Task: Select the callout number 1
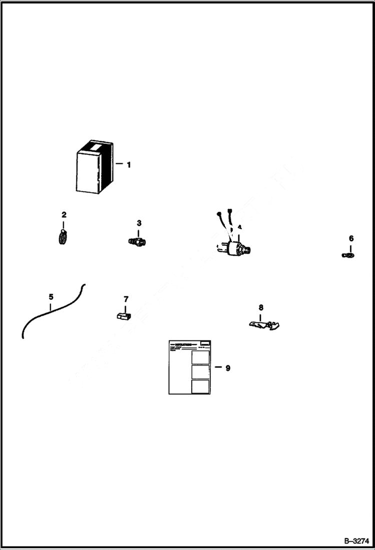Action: [x=129, y=164]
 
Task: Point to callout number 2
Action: [x=64, y=215]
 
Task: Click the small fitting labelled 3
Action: [x=137, y=241]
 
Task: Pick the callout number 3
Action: [x=139, y=223]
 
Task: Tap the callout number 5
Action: [x=51, y=297]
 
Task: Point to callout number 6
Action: [x=351, y=238]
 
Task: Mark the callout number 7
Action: [x=126, y=299]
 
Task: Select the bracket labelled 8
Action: [x=264, y=325]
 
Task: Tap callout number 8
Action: [x=261, y=307]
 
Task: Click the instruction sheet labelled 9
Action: [x=189, y=368]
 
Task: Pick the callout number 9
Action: [x=228, y=368]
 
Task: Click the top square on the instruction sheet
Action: [x=200, y=356]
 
